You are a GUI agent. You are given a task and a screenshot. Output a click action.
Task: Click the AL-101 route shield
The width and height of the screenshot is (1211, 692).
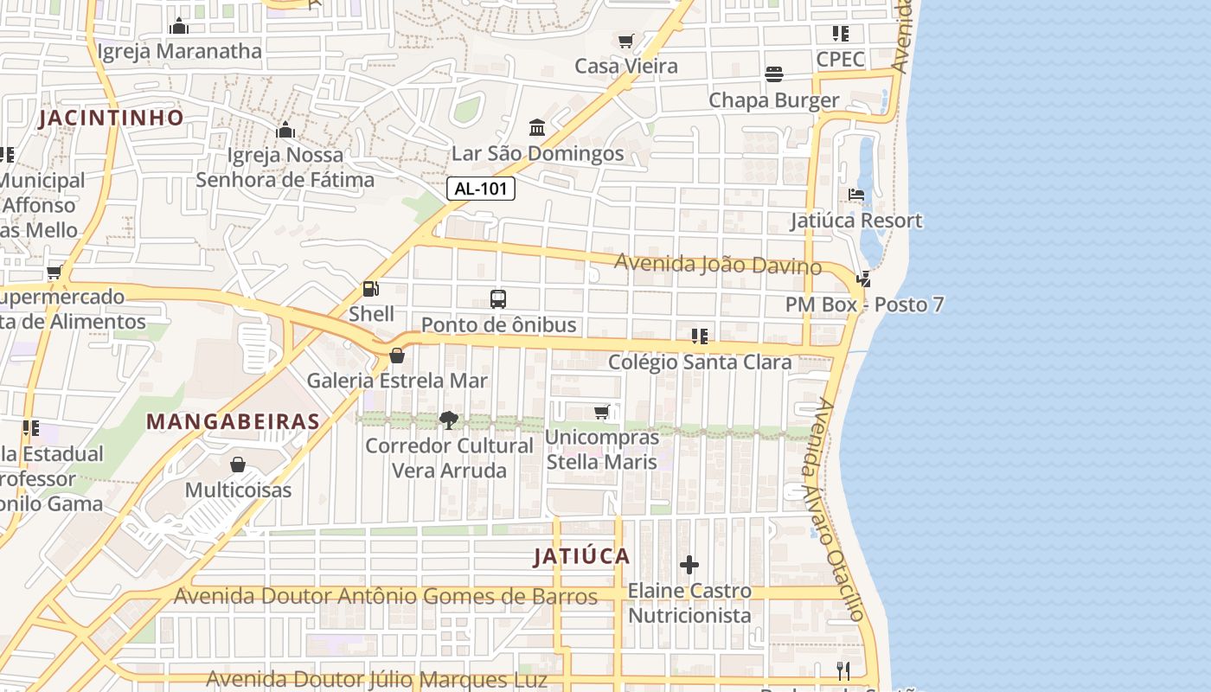482,189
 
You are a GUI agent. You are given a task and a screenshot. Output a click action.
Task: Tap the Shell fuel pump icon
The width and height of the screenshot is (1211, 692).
371,289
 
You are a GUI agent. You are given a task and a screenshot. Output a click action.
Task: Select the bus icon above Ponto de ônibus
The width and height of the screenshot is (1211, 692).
498,299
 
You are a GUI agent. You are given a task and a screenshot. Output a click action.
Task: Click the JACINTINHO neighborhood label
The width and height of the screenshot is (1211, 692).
111,118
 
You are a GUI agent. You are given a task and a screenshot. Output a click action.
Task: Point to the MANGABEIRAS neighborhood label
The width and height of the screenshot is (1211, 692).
234,421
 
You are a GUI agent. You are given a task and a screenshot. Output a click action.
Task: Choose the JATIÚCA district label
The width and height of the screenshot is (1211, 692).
581,556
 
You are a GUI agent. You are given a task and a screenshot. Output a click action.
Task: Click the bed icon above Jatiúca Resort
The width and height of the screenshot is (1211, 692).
856,195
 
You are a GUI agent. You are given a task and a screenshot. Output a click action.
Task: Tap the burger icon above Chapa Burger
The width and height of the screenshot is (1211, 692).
774,74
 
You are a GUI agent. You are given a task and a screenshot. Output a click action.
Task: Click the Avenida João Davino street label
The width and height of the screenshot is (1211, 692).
717,264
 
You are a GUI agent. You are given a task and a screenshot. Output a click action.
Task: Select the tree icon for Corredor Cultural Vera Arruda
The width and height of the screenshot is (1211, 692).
448,420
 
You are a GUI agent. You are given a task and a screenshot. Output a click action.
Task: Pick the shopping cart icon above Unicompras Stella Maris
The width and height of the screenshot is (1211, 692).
602,412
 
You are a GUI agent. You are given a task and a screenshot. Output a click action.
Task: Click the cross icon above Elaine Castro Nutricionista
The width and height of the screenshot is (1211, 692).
689,565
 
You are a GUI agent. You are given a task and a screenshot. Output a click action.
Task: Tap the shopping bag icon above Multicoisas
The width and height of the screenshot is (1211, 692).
238,465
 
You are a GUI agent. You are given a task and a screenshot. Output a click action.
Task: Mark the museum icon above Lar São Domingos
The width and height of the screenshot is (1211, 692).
537,128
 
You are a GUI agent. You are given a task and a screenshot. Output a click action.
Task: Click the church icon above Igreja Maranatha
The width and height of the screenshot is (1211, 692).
179,26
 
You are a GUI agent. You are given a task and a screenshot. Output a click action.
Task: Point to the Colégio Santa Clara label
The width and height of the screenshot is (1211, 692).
700,362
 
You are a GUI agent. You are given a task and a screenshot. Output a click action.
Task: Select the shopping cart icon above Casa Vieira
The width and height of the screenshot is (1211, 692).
626,41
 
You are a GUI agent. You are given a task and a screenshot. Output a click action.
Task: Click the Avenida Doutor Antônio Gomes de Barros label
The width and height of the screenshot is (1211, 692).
386,596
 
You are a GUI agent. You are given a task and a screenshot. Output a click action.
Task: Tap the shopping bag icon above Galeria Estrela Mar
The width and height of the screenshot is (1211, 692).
396,356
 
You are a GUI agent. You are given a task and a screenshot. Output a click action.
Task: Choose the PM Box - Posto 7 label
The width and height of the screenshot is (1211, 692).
864,304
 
